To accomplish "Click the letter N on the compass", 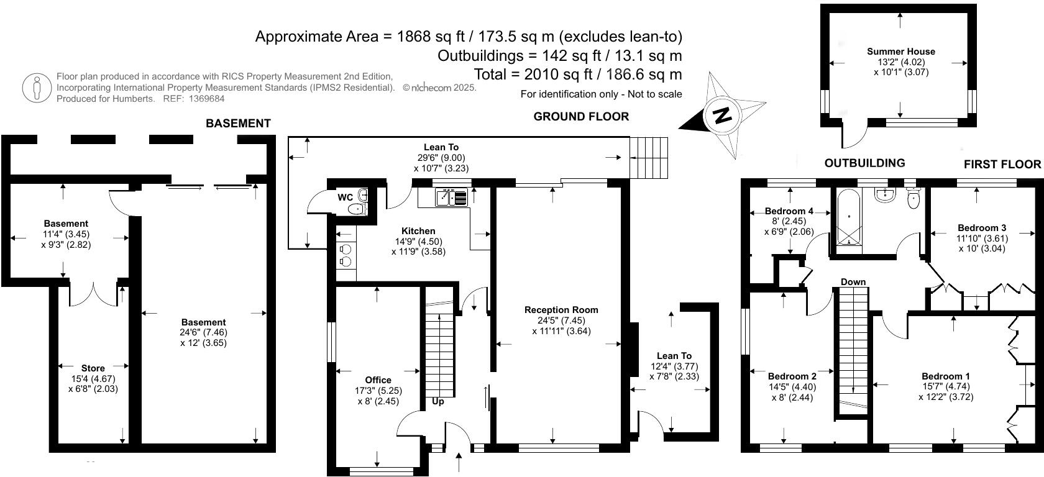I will click(x=721, y=116).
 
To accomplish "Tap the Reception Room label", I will click(x=561, y=310).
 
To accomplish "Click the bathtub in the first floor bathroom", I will click(x=849, y=218).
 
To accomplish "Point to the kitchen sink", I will click(x=451, y=198).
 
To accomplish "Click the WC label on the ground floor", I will click(x=345, y=198).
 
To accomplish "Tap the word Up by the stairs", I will click(x=438, y=401).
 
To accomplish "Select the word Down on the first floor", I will click(x=853, y=282).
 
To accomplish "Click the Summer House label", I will click(x=900, y=52).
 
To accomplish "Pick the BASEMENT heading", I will click(x=238, y=124).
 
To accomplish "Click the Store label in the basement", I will click(x=93, y=368).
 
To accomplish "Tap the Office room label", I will click(x=378, y=380).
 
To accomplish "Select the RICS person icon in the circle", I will click(x=37, y=88).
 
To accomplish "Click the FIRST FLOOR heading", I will click(x=1002, y=164).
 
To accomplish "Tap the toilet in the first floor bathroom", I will click(x=913, y=199).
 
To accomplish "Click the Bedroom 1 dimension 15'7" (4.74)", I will click(x=945, y=386).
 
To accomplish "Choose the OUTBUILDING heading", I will click(x=864, y=163).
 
